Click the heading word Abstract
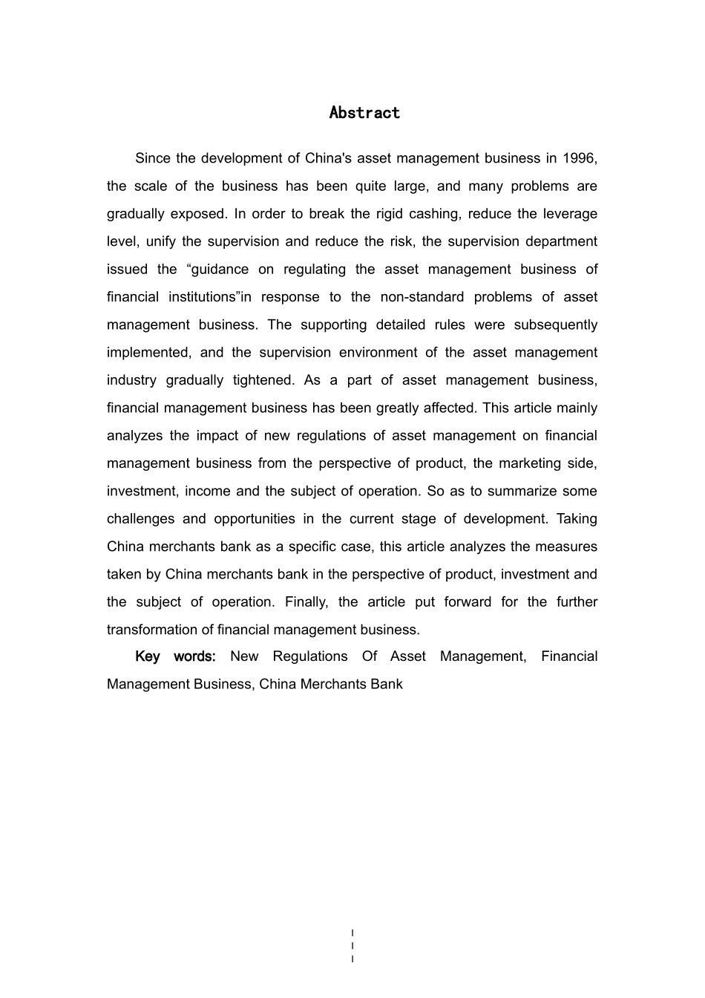364,113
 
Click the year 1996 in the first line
580,158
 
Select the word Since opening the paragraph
152,158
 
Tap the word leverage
569,214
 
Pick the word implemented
148,353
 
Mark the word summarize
530,491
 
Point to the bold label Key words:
175,656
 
